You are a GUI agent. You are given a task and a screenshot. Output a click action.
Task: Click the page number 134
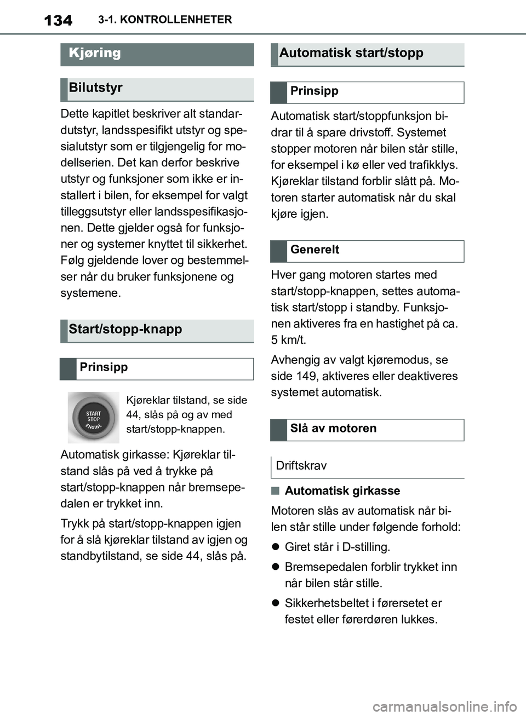[x=58, y=21]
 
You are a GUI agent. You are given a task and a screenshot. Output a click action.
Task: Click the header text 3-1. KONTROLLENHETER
[x=165, y=20]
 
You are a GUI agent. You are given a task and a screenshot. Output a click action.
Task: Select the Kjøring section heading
[x=95, y=53]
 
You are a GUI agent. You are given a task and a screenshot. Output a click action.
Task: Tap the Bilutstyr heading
[x=95, y=88]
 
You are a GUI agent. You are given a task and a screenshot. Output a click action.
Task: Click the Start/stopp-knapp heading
[x=125, y=330]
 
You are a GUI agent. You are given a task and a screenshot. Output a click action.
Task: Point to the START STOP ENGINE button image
[x=93, y=418]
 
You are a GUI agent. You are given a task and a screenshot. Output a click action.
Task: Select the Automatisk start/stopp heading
[x=351, y=53]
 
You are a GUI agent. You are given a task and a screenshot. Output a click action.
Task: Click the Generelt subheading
[x=315, y=250]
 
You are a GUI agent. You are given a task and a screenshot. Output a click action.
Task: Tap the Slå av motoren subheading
[x=333, y=429]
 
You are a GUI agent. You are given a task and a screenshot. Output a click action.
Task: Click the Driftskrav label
[x=301, y=466]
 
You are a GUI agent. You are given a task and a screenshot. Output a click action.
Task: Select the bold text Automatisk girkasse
[x=342, y=491]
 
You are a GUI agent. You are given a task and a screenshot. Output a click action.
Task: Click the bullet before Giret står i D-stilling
[x=276, y=547]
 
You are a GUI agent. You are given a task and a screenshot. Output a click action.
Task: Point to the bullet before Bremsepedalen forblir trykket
[x=276, y=567]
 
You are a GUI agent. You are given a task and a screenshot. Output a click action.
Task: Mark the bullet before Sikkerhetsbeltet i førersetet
[x=276, y=603]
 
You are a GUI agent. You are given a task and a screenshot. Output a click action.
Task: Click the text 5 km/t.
[x=288, y=340]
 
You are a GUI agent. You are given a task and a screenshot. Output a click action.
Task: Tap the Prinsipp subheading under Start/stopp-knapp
[x=103, y=367]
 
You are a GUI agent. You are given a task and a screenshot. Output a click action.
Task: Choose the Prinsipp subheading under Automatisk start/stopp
[x=314, y=91]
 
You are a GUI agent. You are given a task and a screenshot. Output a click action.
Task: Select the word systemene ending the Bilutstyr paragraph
[x=90, y=293]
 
